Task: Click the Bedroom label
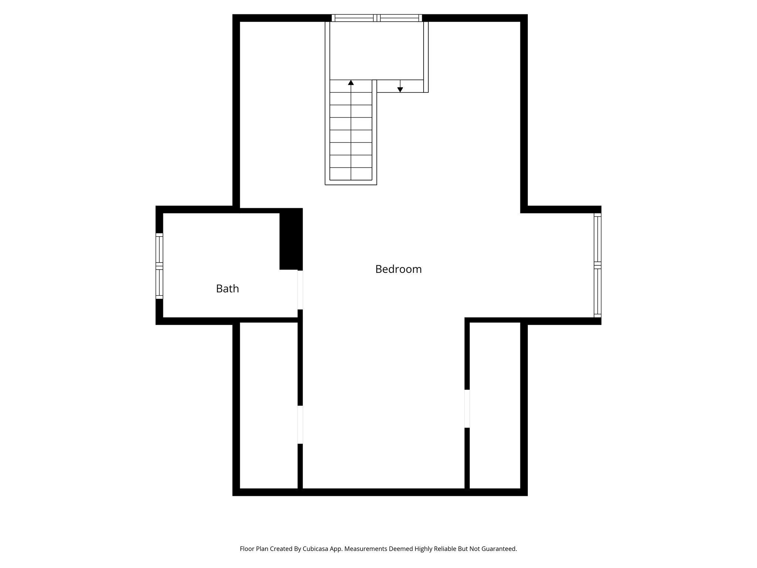398,269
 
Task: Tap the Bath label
227,288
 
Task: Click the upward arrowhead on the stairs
351,82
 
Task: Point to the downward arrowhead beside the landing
400,89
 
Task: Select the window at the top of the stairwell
377,18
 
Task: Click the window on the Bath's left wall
159,266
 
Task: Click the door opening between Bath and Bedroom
300,290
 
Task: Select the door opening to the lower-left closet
300,425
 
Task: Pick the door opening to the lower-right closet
467,409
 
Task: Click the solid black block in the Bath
291,239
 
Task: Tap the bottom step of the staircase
351,174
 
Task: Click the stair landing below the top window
376,50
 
